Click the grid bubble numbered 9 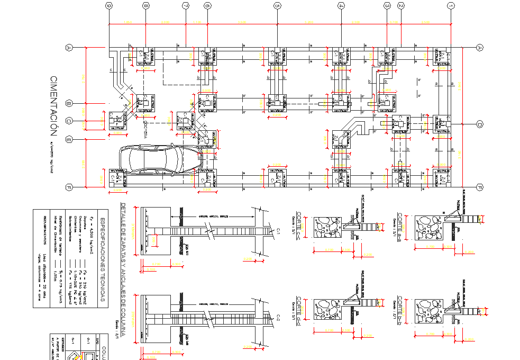pyautogui.click(x=109, y=6)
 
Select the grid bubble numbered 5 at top pyautogui.click(x=276, y=6)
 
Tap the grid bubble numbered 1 pyautogui.click(x=451, y=6)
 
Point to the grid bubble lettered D pyautogui.click(x=480, y=124)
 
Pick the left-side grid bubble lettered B pyautogui.click(x=68, y=103)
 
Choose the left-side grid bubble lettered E pyautogui.click(x=68, y=140)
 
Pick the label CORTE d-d pyautogui.click(x=299, y=307)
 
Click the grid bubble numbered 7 pyautogui.click(x=185, y=6)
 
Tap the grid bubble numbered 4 pyautogui.click(x=341, y=6)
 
